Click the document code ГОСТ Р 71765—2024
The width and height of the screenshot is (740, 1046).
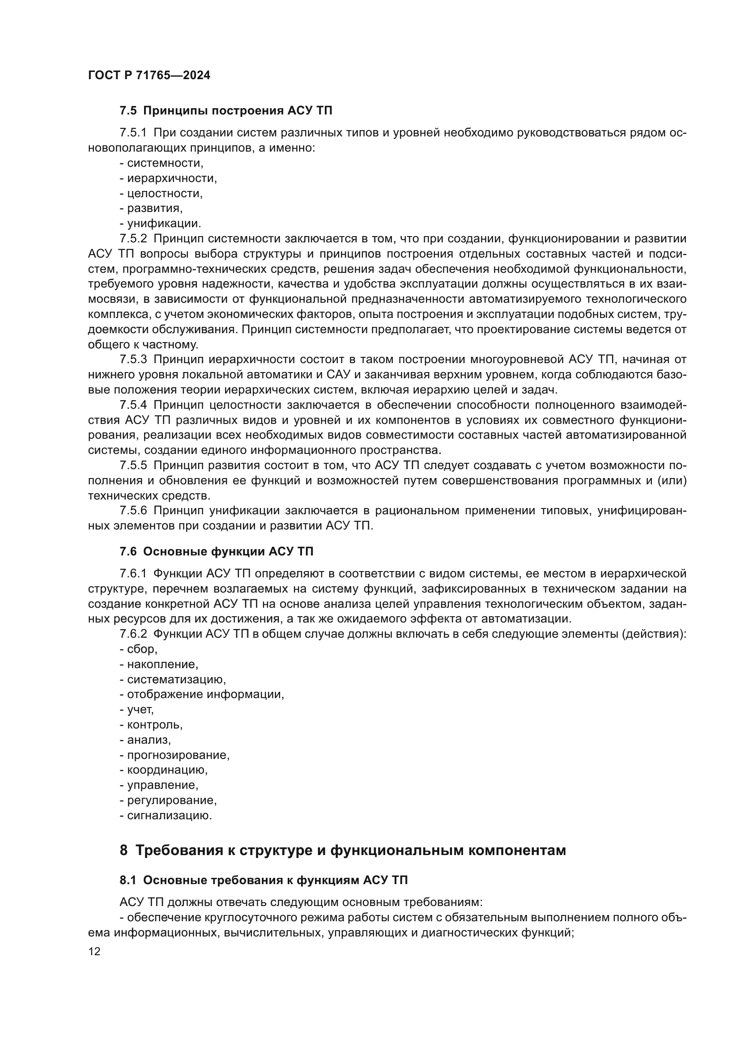coord(149,76)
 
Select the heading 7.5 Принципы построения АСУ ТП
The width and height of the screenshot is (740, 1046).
coord(225,111)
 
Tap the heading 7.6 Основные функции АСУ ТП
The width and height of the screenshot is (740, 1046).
coord(217,552)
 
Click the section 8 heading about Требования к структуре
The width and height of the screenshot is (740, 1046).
coord(343,850)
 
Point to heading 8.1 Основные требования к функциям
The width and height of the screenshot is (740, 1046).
coord(264,880)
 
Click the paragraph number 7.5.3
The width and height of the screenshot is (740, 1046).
coord(133,360)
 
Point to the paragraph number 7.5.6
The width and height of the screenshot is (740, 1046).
coord(133,510)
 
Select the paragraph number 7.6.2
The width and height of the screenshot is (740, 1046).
coord(133,634)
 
